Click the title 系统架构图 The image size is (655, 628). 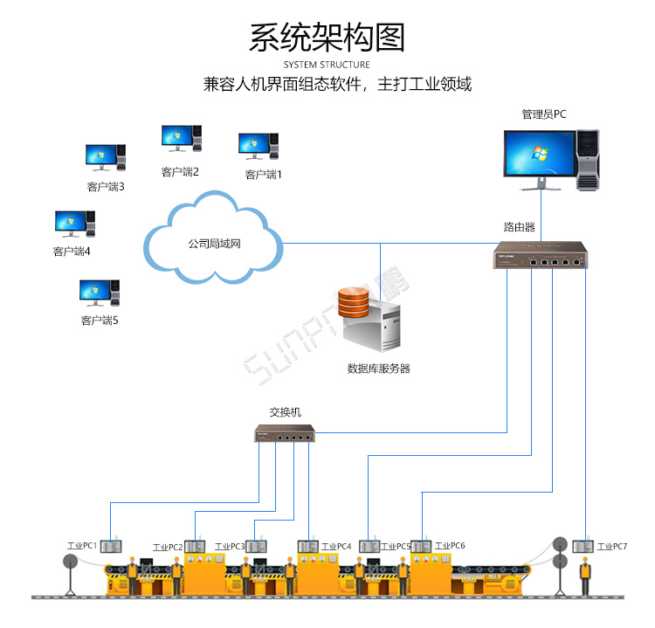(327, 38)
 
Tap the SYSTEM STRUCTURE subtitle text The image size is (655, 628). (327, 65)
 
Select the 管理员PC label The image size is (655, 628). (544, 114)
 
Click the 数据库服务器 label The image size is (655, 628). (378, 369)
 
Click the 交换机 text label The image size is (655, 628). (286, 412)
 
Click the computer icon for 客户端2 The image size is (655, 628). (181, 138)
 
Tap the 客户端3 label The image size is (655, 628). (106, 186)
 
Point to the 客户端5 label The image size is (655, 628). (99, 321)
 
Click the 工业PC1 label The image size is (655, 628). (81, 545)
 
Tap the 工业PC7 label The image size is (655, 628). (612, 546)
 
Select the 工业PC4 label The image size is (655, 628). (336, 546)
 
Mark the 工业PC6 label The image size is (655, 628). (450, 545)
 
